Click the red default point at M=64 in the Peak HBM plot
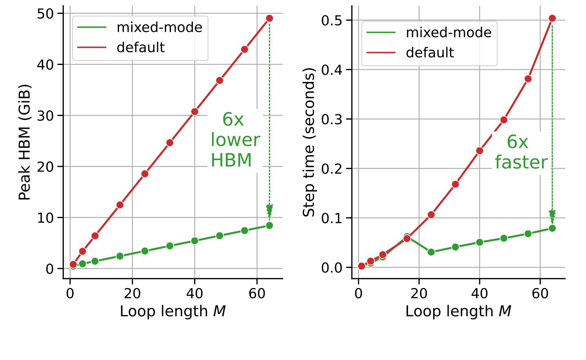point(269,18)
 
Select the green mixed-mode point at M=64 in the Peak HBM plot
point(269,225)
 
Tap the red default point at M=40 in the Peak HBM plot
point(195,112)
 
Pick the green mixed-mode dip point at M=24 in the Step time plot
point(431,252)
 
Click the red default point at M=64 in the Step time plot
point(552,18)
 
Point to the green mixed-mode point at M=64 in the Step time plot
point(552,228)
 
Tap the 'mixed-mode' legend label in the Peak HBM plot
point(159,27)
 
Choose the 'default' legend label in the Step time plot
point(430,53)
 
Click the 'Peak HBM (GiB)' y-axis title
point(24,142)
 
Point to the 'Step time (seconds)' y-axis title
point(309,142)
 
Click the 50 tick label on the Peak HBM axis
point(45,14)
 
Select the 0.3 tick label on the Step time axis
point(331,119)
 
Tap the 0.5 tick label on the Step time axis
point(331,20)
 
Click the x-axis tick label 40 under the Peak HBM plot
point(195,293)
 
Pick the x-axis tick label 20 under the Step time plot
point(419,293)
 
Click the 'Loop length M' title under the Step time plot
point(458,311)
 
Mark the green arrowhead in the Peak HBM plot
point(269,211)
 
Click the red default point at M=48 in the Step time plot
point(504,120)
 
